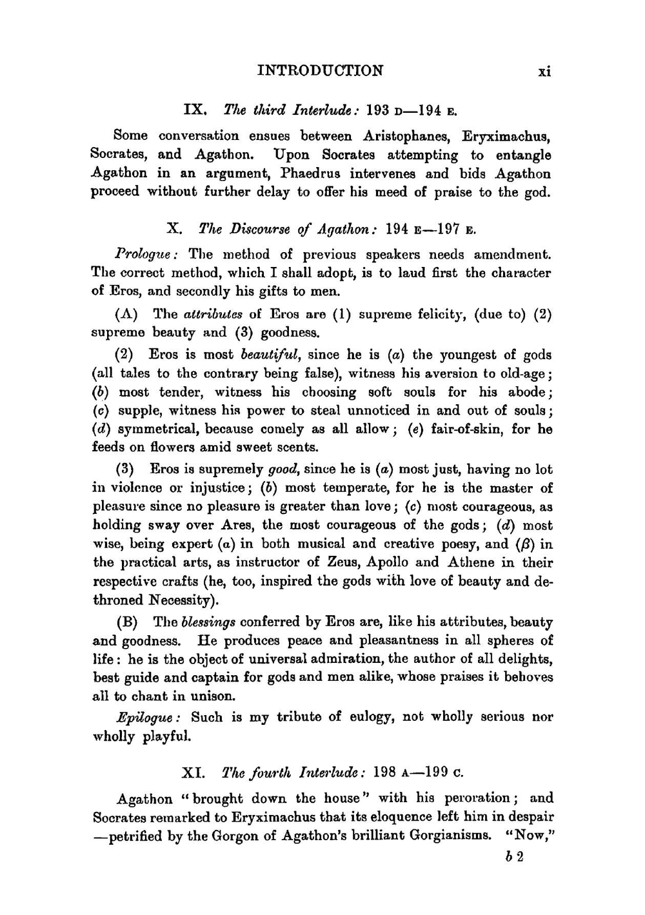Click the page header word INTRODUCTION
point(320,70)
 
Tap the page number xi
point(544,72)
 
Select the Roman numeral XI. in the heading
point(193,772)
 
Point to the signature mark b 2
point(514,859)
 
